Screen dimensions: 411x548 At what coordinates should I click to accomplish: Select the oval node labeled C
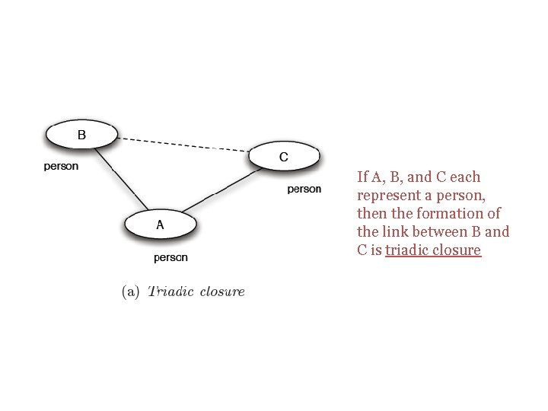click(x=284, y=158)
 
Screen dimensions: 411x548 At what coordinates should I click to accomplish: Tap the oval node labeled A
click(x=161, y=225)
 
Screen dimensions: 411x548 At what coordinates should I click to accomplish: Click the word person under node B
click(x=61, y=166)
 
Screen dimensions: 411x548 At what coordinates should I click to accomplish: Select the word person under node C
click(x=304, y=189)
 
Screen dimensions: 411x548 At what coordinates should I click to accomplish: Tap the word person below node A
click(x=170, y=257)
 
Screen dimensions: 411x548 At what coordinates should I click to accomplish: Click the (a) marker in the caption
click(x=131, y=292)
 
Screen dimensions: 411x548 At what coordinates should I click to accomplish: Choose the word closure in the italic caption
click(x=222, y=292)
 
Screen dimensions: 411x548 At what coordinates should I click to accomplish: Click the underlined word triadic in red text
click(x=409, y=250)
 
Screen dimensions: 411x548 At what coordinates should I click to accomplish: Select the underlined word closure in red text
click(x=458, y=250)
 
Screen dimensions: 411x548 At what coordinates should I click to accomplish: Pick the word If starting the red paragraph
click(x=362, y=177)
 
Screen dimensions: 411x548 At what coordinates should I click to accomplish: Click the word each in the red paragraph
click(x=465, y=177)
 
